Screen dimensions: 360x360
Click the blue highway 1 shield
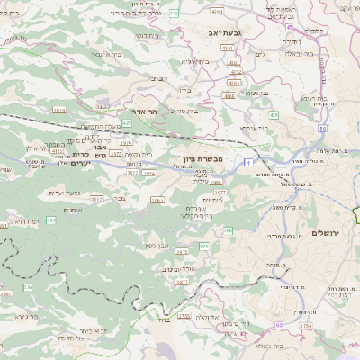[x=245, y=161]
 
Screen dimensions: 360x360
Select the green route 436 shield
[x=273, y=115]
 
